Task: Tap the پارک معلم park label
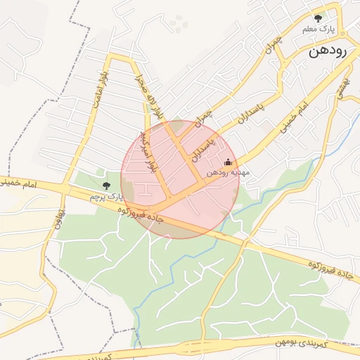pyautogui.click(x=318, y=30)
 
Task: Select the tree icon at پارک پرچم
pyautogui.click(x=106, y=186)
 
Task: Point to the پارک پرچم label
pyautogui.click(x=106, y=197)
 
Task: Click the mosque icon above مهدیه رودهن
pyautogui.click(x=227, y=162)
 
